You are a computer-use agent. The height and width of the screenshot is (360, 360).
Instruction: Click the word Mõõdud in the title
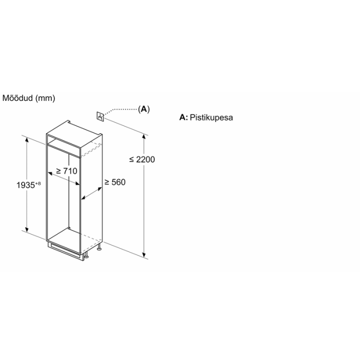17,98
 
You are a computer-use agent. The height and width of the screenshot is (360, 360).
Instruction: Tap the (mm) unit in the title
45,98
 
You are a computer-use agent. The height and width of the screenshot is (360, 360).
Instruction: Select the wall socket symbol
100,116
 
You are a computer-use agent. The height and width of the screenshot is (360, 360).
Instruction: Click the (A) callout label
143,109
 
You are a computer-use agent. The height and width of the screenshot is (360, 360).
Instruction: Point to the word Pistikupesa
211,118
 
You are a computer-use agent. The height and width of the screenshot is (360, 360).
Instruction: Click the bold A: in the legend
184,117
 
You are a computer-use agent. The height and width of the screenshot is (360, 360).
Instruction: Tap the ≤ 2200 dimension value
142,159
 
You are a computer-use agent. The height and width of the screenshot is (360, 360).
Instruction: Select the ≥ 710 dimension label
66,171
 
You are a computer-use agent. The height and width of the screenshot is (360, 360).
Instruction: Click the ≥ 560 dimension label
115,182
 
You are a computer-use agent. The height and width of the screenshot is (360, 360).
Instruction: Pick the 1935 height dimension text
26,185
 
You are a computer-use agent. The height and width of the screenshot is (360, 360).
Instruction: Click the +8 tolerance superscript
38,183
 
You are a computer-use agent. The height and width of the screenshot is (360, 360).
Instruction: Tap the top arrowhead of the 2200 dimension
144,137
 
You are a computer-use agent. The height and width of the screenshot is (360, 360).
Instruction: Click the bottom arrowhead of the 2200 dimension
144,255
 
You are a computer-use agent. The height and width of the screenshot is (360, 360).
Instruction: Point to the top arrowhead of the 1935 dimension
27,140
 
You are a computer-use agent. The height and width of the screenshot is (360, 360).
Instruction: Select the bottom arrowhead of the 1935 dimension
27,229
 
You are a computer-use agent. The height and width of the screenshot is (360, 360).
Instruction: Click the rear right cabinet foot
99,247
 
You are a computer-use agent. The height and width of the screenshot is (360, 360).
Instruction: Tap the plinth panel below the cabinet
65,251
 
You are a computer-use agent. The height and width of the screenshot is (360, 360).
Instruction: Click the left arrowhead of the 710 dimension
50,174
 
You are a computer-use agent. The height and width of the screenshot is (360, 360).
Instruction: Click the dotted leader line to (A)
120,110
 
